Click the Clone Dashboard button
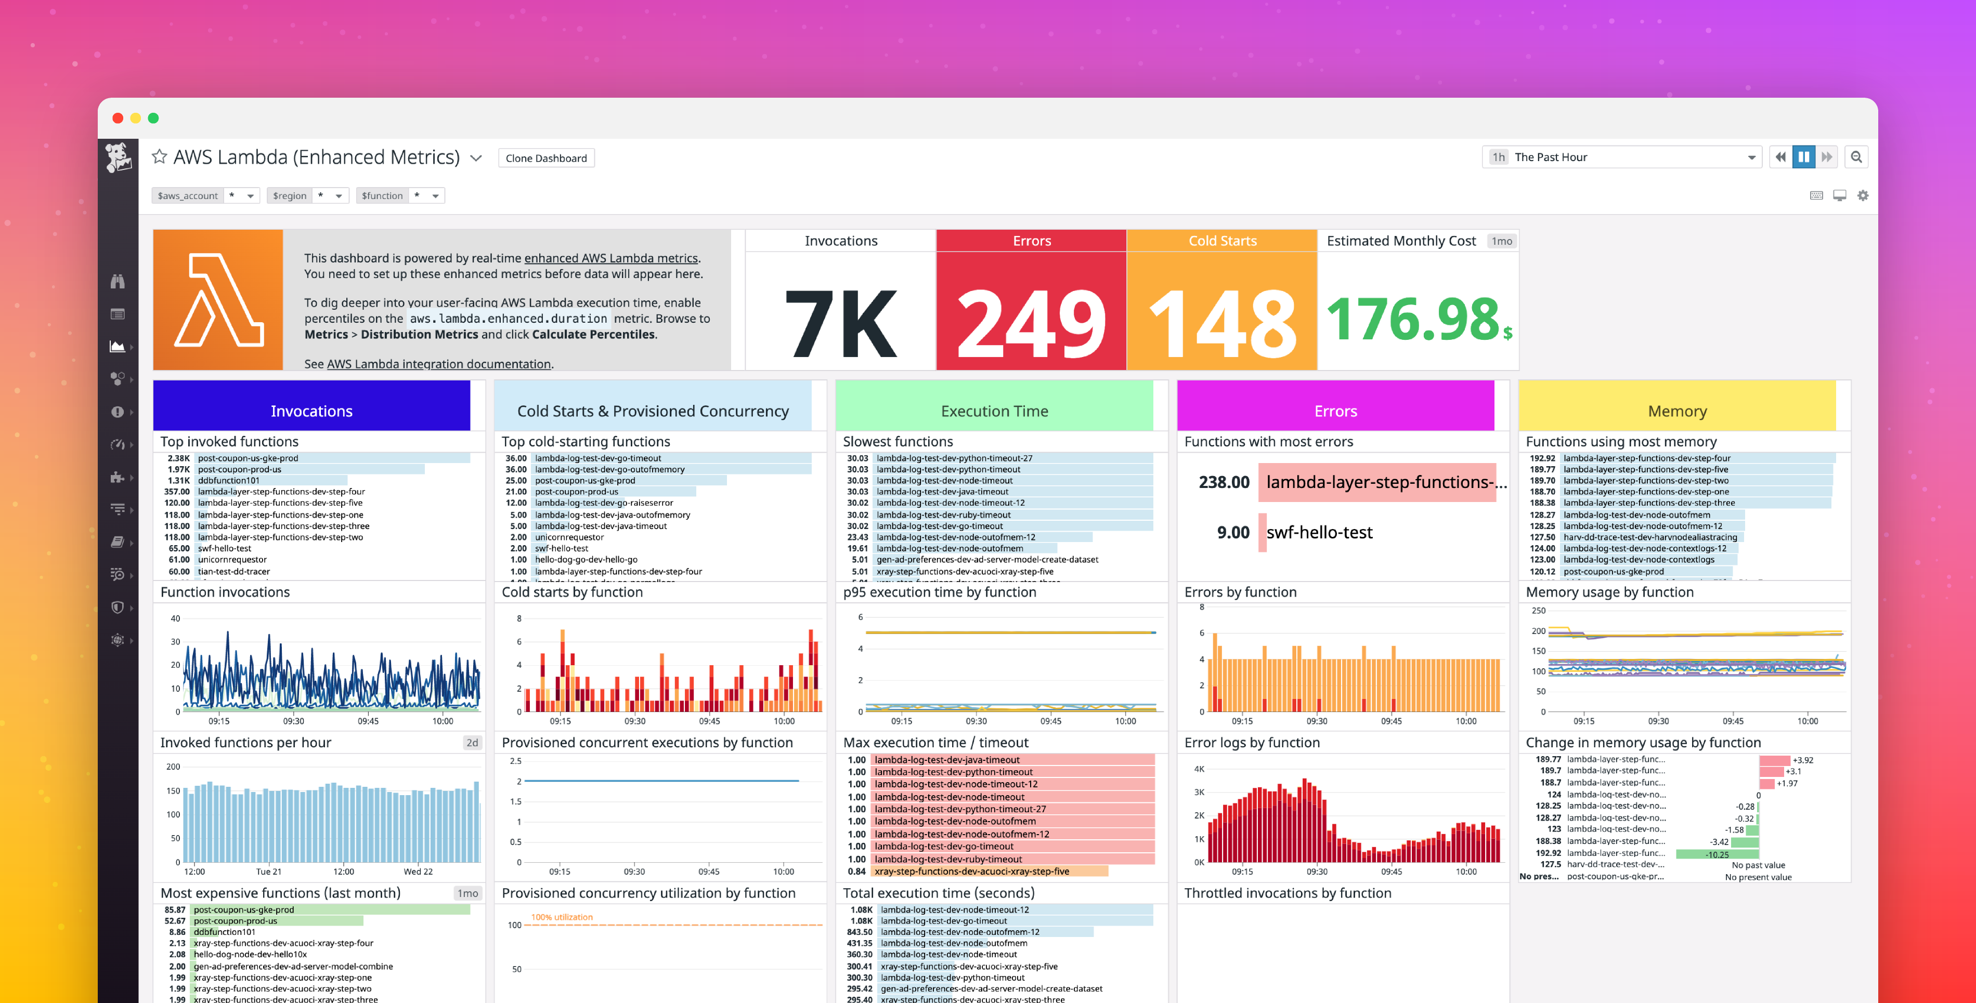pyautogui.click(x=545, y=158)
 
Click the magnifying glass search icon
pyautogui.click(x=1856, y=157)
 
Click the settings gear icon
pyautogui.click(x=1863, y=195)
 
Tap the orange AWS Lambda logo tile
pyautogui.click(x=218, y=300)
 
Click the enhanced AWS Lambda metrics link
pyautogui.click(x=610, y=258)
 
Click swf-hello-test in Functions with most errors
pyautogui.click(x=1319, y=532)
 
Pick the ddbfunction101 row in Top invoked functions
pyautogui.click(x=229, y=481)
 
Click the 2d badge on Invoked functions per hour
pyautogui.click(x=472, y=742)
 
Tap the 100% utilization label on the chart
pyautogui.click(x=562, y=917)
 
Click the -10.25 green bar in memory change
pyautogui.click(x=1717, y=854)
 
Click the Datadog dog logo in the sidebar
pyautogui.click(x=118, y=157)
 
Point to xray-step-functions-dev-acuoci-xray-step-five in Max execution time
pyautogui.click(x=971, y=871)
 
